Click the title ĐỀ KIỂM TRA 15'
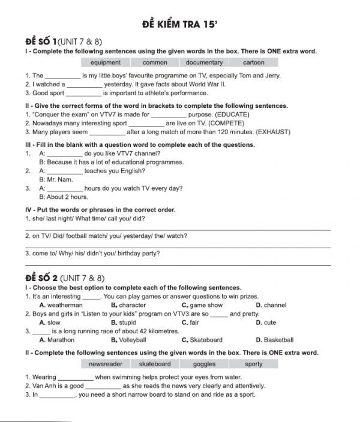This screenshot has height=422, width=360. point(179,25)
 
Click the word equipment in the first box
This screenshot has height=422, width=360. point(105,62)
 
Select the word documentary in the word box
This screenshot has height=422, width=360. point(204,62)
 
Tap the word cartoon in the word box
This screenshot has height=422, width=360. point(253,62)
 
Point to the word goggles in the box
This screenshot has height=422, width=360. point(204,364)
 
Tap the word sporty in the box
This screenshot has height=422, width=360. point(253,364)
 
